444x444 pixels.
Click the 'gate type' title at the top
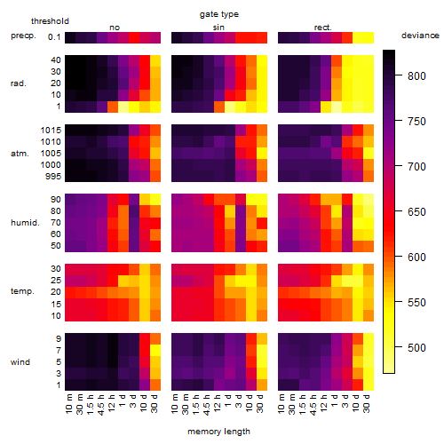[219, 14]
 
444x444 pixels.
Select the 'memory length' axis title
[218, 432]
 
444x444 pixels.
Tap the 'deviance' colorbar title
[420, 36]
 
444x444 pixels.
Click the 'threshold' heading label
[50, 21]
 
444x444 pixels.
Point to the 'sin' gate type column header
[218, 28]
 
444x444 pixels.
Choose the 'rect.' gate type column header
[322, 28]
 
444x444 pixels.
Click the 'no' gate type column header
[115, 28]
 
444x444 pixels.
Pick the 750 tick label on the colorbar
[416, 122]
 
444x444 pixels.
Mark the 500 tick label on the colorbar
[416, 348]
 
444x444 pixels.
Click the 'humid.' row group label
[25, 223]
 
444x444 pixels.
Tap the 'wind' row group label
[20, 362]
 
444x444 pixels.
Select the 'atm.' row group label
[20, 154]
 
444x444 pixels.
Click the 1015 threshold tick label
[51, 131]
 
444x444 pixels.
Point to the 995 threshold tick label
[53, 177]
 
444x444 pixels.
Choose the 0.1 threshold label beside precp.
[54, 37]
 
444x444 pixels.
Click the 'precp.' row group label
[23, 36]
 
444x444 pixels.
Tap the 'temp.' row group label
[22, 291]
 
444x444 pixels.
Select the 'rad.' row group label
[19, 83]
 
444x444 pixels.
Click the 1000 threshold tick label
[51, 165]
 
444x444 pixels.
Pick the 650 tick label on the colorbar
[416, 212]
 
